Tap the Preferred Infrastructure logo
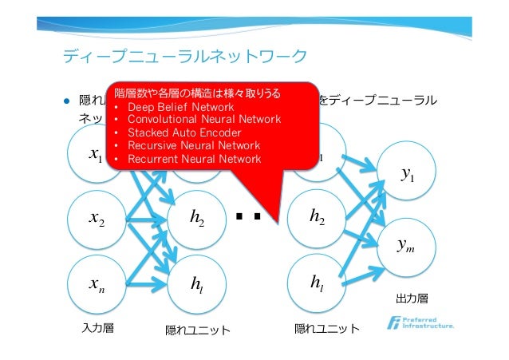[x=420, y=322]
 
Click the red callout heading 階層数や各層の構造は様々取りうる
[x=197, y=93]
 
